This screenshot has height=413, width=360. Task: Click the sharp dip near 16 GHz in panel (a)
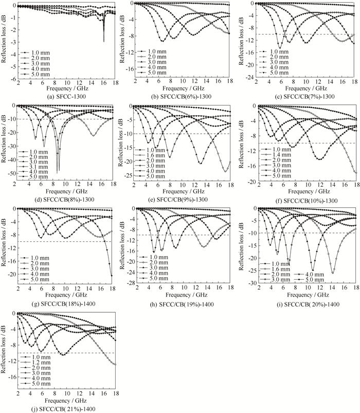[x=103, y=41]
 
